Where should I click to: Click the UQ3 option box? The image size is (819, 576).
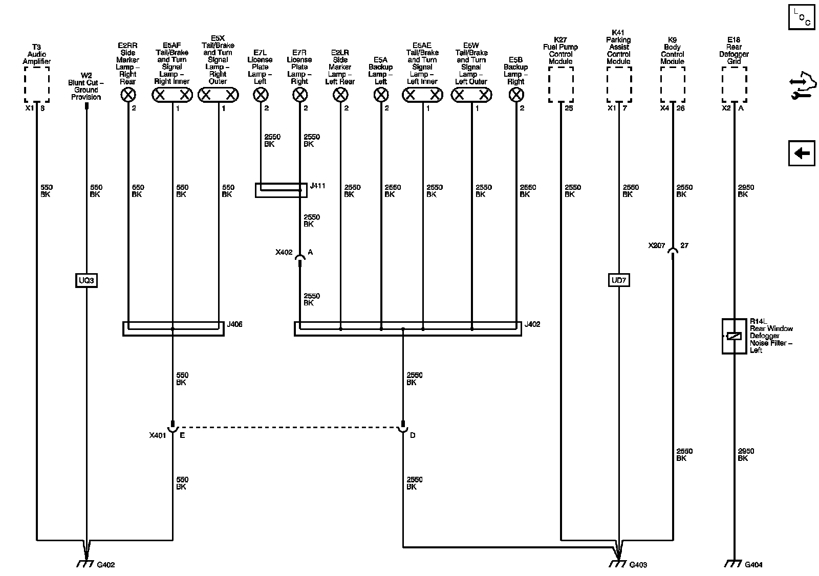click(x=86, y=280)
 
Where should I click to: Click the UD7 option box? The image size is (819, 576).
click(x=618, y=280)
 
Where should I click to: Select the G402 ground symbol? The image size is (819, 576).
click(x=85, y=563)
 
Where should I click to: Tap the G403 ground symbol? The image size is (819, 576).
click(x=618, y=563)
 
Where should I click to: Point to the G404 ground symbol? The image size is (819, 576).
click(x=734, y=563)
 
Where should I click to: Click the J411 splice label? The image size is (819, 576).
click(x=317, y=186)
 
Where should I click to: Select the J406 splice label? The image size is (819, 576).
click(x=234, y=324)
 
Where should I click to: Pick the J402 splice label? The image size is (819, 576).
click(x=532, y=324)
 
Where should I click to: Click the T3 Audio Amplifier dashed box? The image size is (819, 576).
click(x=37, y=86)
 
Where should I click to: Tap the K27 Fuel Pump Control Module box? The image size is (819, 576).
click(x=561, y=86)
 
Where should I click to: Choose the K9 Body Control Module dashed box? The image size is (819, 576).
click(x=672, y=86)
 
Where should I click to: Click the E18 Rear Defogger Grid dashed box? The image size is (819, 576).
click(x=734, y=86)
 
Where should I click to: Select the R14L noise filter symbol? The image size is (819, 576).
click(x=734, y=336)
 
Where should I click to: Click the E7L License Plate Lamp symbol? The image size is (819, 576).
click(x=261, y=95)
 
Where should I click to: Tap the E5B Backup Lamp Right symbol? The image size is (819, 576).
click(x=516, y=95)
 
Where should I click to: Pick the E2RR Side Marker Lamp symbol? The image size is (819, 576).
click(x=128, y=95)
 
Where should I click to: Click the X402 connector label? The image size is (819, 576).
click(x=284, y=252)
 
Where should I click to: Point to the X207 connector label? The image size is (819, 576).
click(x=656, y=246)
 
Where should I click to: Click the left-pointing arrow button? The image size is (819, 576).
click(x=801, y=153)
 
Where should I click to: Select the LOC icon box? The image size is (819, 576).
click(x=801, y=18)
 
